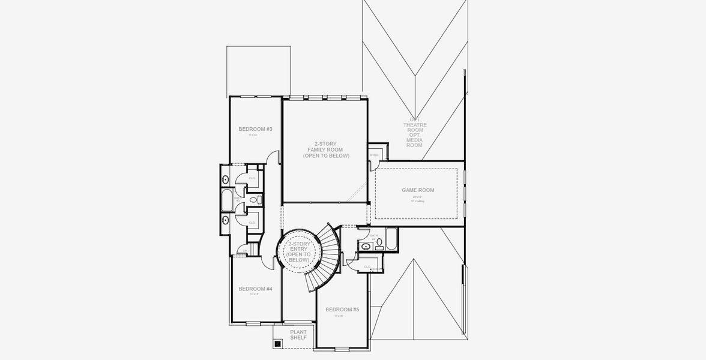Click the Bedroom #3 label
click(255, 129)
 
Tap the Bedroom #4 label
click(255, 289)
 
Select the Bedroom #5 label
click(342, 310)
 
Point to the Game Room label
click(418, 190)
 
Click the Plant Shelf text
click(298, 335)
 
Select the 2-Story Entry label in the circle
click(298, 252)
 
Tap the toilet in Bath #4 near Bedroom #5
click(379, 243)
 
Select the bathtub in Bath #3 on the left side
click(227, 200)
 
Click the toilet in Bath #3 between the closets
click(253, 200)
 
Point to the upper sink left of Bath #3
click(225, 179)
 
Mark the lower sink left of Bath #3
click(225, 220)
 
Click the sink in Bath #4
click(366, 246)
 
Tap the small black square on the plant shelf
click(277, 344)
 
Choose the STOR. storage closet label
click(375, 155)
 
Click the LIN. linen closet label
click(245, 250)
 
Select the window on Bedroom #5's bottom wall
click(342, 349)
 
